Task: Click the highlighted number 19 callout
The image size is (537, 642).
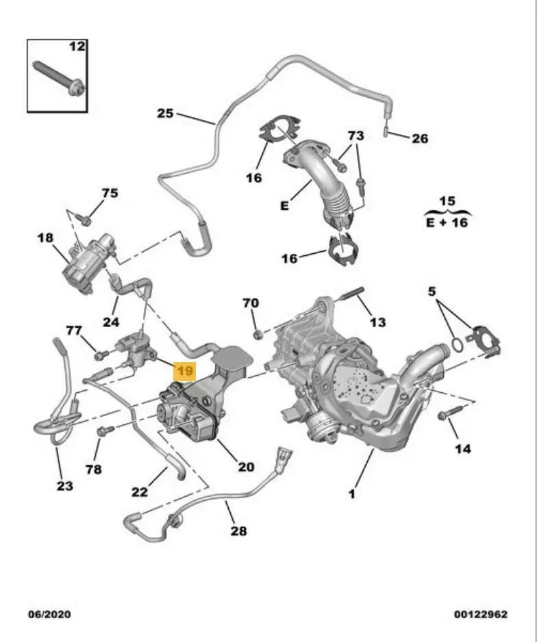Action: (x=185, y=371)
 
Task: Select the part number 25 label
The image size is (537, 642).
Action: (x=165, y=113)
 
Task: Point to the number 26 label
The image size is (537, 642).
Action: (x=419, y=138)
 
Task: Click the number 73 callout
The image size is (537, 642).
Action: (x=355, y=136)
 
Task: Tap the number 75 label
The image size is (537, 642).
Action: (x=110, y=193)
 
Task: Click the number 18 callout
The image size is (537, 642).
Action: (x=45, y=237)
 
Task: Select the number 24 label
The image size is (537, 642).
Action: (x=111, y=322)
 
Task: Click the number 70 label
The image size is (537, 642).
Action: (x=251, y=303)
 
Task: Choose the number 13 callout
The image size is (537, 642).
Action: (x=377, y=322)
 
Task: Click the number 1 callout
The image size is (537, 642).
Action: (x=352, y=493)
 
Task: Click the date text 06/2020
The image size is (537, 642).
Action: (x=49, y=614)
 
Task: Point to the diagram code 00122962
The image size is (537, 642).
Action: (x=480, y=614)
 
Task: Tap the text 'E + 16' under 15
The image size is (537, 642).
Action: (x=447, y=222)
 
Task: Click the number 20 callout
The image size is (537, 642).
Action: (x=246, y=467)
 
